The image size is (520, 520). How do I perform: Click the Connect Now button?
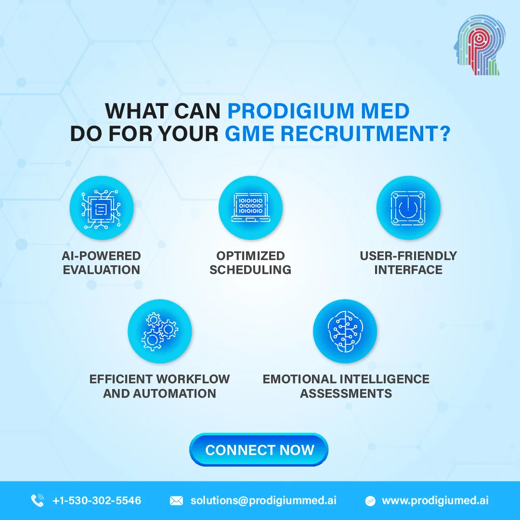click(x=259, y=450)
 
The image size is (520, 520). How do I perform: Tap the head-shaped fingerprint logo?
click(x=479, y=44)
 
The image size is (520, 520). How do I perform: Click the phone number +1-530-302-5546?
click(x=97, y=500)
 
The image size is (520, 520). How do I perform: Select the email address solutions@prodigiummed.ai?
click(x=263, y=500)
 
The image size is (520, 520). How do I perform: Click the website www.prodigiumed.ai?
click(x=435, y=500)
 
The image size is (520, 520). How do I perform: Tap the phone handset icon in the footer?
click(x=37, y=500)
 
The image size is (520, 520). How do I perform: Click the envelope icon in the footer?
click(x=176, y=501)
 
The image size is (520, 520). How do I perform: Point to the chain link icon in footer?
click(x=370, y=501)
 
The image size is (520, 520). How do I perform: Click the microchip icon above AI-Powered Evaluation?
click(x=101, y=208)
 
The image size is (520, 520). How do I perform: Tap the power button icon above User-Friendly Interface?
click(x=408, y=208)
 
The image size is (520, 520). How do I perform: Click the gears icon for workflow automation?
click(x=159, y=331)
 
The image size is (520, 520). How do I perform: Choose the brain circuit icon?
click(x=345, y=331)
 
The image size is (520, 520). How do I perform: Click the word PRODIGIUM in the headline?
click(x=290, y=111)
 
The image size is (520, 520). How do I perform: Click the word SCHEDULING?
click(x=250, y=270)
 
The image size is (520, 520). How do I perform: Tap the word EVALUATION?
click(x=102, y=270)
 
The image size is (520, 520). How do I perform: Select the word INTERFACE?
click(x=408, y=270)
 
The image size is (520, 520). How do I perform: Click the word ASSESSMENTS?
click(x=346, y=393)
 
